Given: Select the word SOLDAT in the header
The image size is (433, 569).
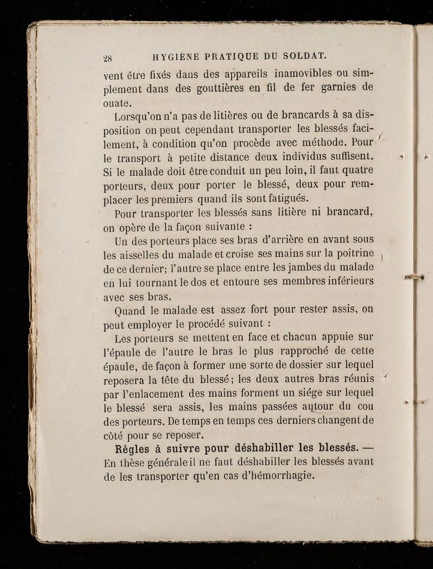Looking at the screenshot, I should (305, 56).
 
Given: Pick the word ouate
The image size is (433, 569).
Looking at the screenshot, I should (120, 103).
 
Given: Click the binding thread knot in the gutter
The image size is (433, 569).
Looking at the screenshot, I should (415, 278).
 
